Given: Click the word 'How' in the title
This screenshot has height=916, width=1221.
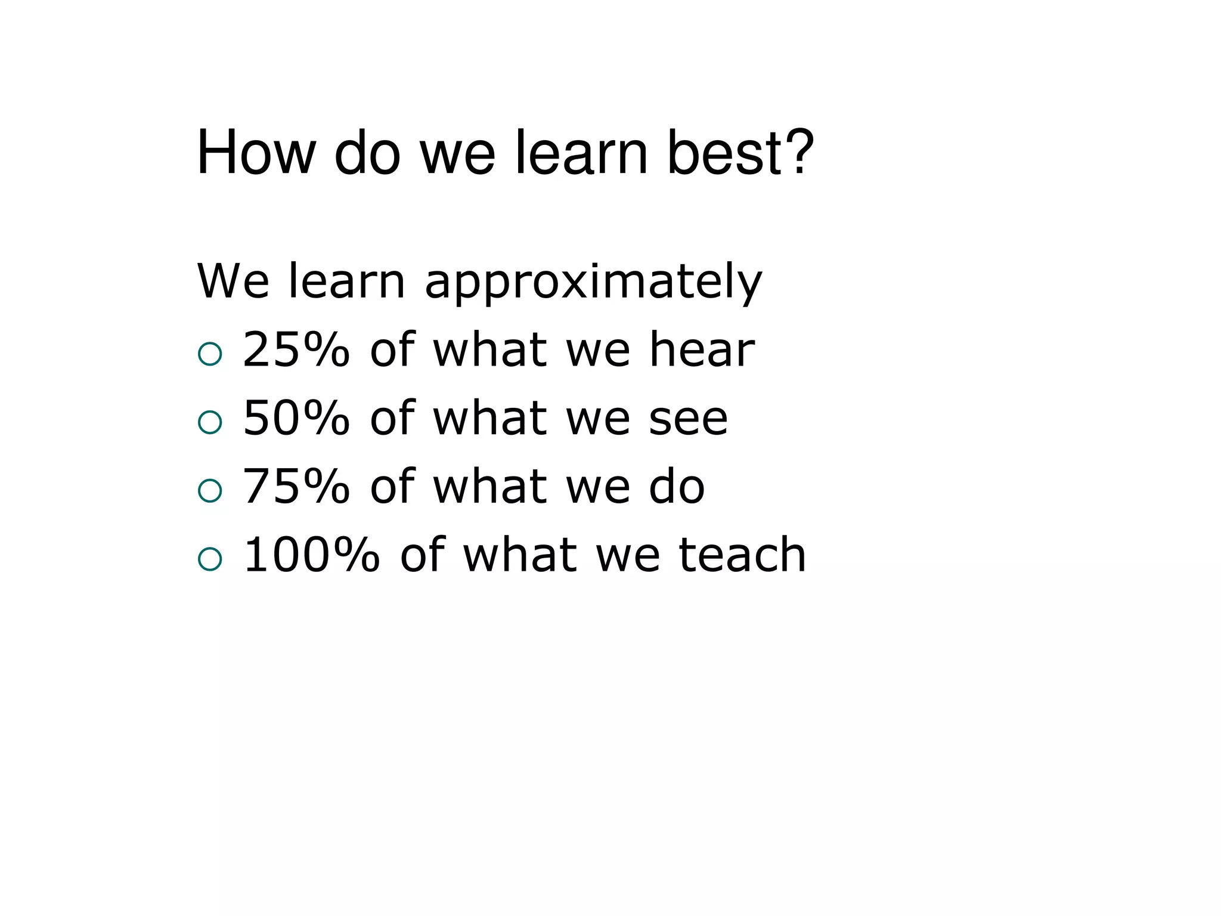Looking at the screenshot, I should coord(256,153).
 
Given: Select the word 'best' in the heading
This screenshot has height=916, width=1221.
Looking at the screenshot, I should coord(722,153).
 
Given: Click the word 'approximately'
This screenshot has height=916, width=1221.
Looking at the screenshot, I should coord(593,281).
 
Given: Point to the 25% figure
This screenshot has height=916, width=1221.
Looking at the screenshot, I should coord(296,349).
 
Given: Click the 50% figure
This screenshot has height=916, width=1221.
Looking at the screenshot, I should coord(296,418).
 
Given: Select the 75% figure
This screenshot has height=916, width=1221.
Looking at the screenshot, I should coord(296,487).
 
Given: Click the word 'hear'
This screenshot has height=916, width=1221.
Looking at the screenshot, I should coord(702,349).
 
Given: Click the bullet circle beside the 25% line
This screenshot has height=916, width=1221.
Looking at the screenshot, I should coord(210,354).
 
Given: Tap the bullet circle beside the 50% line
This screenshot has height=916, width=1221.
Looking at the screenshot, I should coord(210,422).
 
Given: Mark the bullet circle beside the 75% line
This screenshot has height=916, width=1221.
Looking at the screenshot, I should coord(210,491).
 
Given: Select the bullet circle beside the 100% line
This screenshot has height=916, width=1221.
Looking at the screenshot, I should coord(210,559).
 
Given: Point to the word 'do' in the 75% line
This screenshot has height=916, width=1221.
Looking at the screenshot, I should coord(677,487).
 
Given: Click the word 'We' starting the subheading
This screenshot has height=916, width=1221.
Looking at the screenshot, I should coord(233,281).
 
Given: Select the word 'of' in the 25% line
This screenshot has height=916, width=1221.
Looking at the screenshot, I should coord(392,349).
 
